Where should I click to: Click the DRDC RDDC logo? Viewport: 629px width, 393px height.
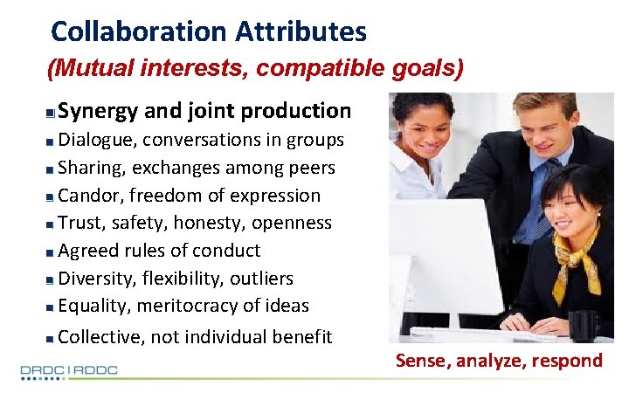click(x=69, y=371)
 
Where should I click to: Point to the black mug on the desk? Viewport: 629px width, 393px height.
click(x=581, y=326)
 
